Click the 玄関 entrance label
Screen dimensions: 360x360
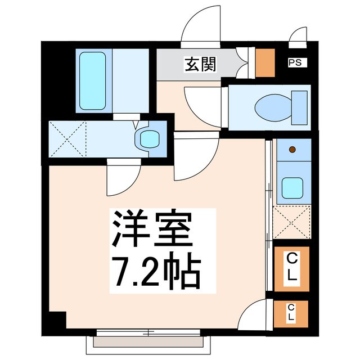pos(200,65)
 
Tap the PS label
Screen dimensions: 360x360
pos(294,63)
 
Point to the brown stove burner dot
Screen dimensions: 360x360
pos(292,150)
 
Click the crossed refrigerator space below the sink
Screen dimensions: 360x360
pos(292,223)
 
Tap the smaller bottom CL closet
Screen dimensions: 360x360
pos(292,313)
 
